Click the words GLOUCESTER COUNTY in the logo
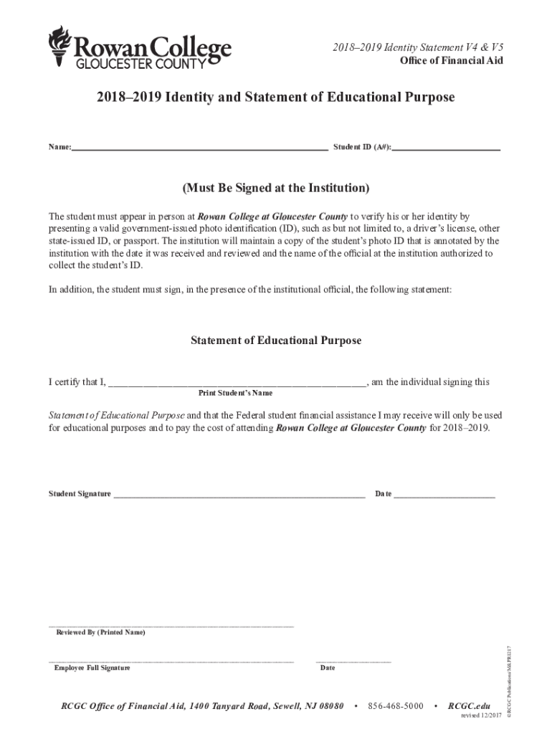coord(141,64)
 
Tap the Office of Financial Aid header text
coord(451,60)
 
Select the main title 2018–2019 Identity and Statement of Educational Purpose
coord(275,97)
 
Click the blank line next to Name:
coord(200,148)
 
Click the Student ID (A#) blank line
coord(446,148)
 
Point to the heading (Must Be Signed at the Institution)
coord(276,189)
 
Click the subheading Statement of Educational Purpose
coord(276,340)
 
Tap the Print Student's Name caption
coord(235,394)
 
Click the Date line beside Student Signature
coord(444,495)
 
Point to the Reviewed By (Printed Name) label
coord(100,633)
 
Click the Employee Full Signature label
coord(92,668)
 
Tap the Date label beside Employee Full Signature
coord(328,668)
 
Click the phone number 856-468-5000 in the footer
coord(396,706)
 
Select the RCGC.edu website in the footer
coord(469,706)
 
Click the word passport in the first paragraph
coord(137,241)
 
